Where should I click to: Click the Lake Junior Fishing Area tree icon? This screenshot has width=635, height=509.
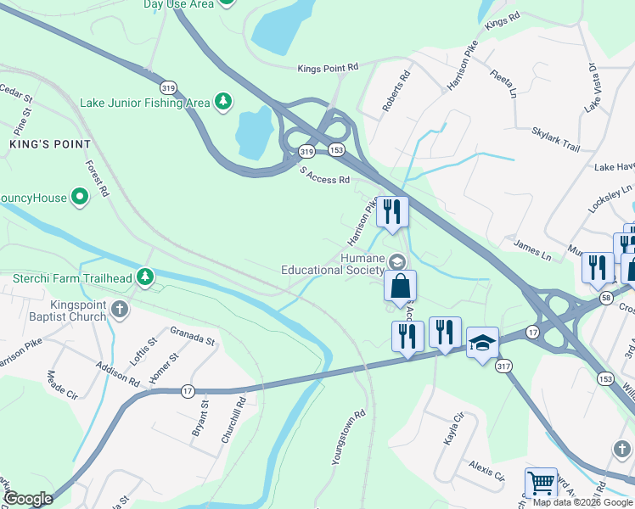point(223,102)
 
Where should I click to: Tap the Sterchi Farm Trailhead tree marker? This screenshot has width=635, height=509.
point(146,277)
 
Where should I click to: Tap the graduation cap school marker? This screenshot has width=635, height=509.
point(482,343)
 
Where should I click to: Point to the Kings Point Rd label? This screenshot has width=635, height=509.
point(329,67)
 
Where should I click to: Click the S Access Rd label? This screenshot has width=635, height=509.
point(325,175)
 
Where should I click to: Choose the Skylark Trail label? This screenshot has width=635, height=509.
point(556,141)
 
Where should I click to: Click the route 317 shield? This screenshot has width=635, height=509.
point(504,366)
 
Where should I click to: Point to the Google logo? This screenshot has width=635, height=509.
point(28,499)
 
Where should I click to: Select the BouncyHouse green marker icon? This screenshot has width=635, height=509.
point(80,199)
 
